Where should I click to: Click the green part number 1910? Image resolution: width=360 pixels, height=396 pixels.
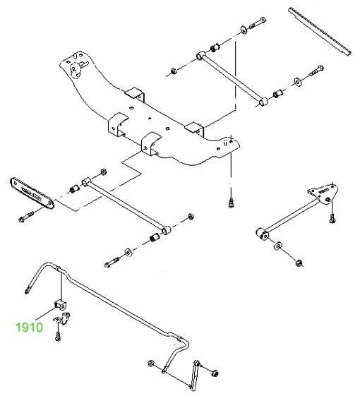coord(30,328)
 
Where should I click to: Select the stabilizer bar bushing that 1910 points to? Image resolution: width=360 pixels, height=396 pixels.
coord(60,305)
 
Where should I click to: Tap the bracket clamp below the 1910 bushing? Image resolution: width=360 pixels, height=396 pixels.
coord(62,319)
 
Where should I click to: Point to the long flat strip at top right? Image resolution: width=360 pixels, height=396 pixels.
coord(320,31)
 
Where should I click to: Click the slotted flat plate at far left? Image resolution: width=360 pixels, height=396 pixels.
coord(32,193)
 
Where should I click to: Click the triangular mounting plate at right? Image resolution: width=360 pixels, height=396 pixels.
coord(324,194)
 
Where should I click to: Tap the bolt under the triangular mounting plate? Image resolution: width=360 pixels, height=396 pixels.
coord(332,219)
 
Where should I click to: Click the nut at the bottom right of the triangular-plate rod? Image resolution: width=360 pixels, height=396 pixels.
coord(299,263)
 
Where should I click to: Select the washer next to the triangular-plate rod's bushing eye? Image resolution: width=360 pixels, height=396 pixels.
coord(278,246)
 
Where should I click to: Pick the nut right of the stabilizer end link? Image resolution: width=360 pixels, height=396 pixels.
coord(215,373)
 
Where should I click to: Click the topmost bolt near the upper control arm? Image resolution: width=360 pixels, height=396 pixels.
coord(258,23)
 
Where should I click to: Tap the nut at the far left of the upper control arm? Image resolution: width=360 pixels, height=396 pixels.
coord(174,71)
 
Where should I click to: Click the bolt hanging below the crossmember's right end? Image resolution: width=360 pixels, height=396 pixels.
coord(231,203)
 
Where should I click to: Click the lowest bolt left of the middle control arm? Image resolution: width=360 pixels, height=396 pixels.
coord(112,263)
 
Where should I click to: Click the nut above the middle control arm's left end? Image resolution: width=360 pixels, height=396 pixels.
coord(103,172)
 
